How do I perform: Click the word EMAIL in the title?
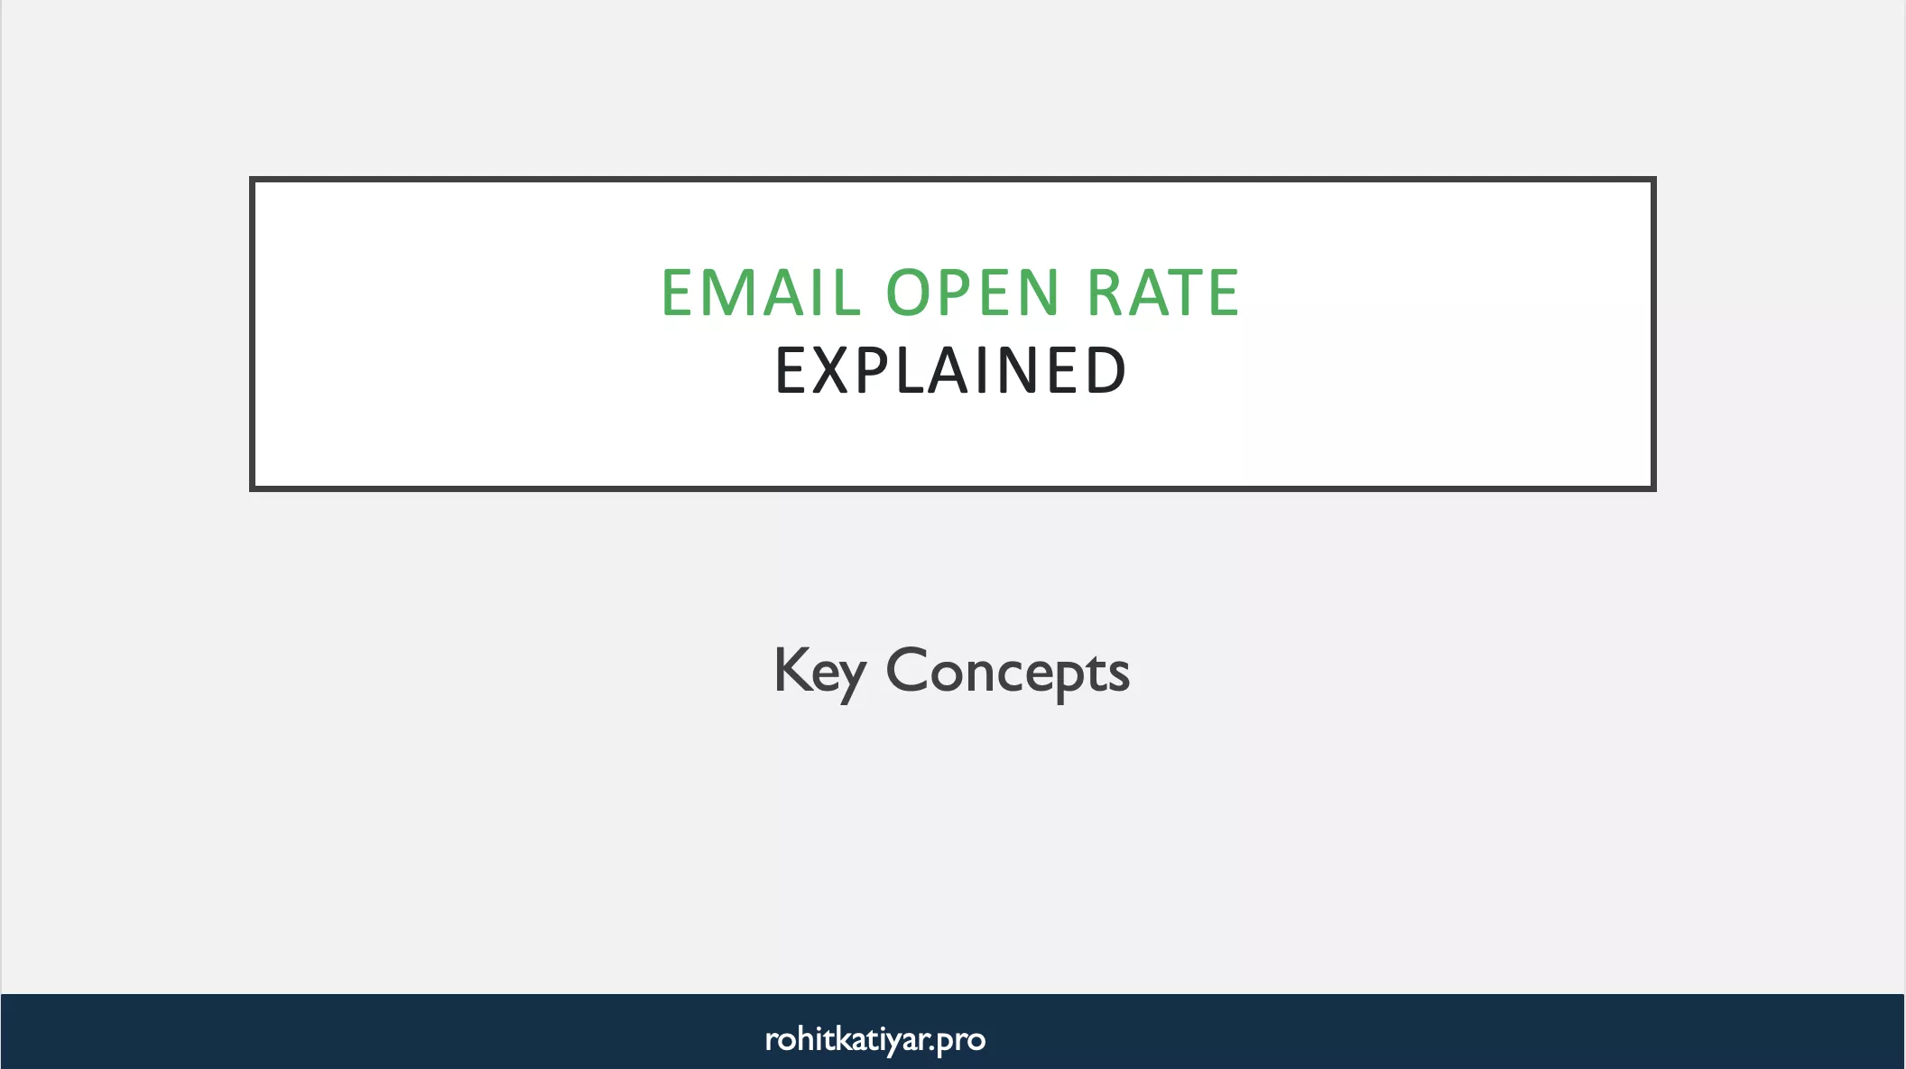[761, 293]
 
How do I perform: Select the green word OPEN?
[972, 293]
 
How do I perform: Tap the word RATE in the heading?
[1163, 293]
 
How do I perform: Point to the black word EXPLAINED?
[951, 371]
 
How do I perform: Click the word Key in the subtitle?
[819, 672]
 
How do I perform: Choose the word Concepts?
[1007, 672]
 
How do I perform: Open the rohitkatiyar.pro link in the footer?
[874, 1039]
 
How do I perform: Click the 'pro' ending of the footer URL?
[961, 1040]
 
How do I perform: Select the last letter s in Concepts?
[1120, 675]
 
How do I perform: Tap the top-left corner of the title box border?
[253, 180]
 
